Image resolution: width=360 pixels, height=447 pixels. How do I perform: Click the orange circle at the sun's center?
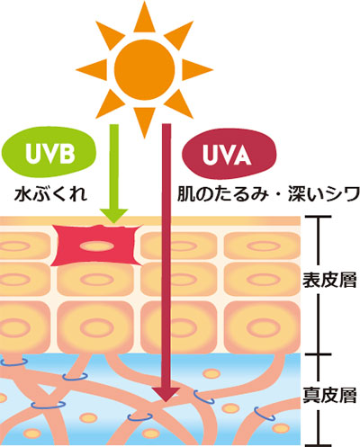tap(144, 70)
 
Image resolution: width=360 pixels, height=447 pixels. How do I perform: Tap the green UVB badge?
tap(49, 153)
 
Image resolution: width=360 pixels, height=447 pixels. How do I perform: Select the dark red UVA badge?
tap(229, 154)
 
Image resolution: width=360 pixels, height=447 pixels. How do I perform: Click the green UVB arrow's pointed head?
tap(113, 216)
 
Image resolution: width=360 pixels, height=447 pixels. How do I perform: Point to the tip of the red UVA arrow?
tap(166, 401)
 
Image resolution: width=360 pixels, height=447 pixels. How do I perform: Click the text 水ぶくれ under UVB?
tap(51, 194)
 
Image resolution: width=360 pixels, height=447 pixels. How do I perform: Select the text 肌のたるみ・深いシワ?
tap(268, 194)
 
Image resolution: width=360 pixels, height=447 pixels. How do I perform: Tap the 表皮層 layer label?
tap(329, 280)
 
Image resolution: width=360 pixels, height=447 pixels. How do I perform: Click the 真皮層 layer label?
tap(329, 396)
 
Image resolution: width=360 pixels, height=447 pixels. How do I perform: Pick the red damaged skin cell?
tap(96, 246)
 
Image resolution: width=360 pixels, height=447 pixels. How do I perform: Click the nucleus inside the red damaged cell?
tap(96, 246)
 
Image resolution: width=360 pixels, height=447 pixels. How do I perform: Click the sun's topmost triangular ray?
tap(144, 16)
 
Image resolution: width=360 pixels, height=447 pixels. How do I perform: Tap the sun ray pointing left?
tap(92, 70)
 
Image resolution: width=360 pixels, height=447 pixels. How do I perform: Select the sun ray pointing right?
tap(197, 70)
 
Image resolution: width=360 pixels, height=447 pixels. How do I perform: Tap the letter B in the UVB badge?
tap(67, 153)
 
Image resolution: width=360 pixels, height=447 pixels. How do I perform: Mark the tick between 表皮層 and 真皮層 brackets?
tap(318, 354)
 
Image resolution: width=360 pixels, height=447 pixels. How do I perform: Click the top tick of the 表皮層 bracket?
tap(318, 216)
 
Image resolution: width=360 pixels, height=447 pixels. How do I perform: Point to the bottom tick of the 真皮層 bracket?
tap(318, 445)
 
